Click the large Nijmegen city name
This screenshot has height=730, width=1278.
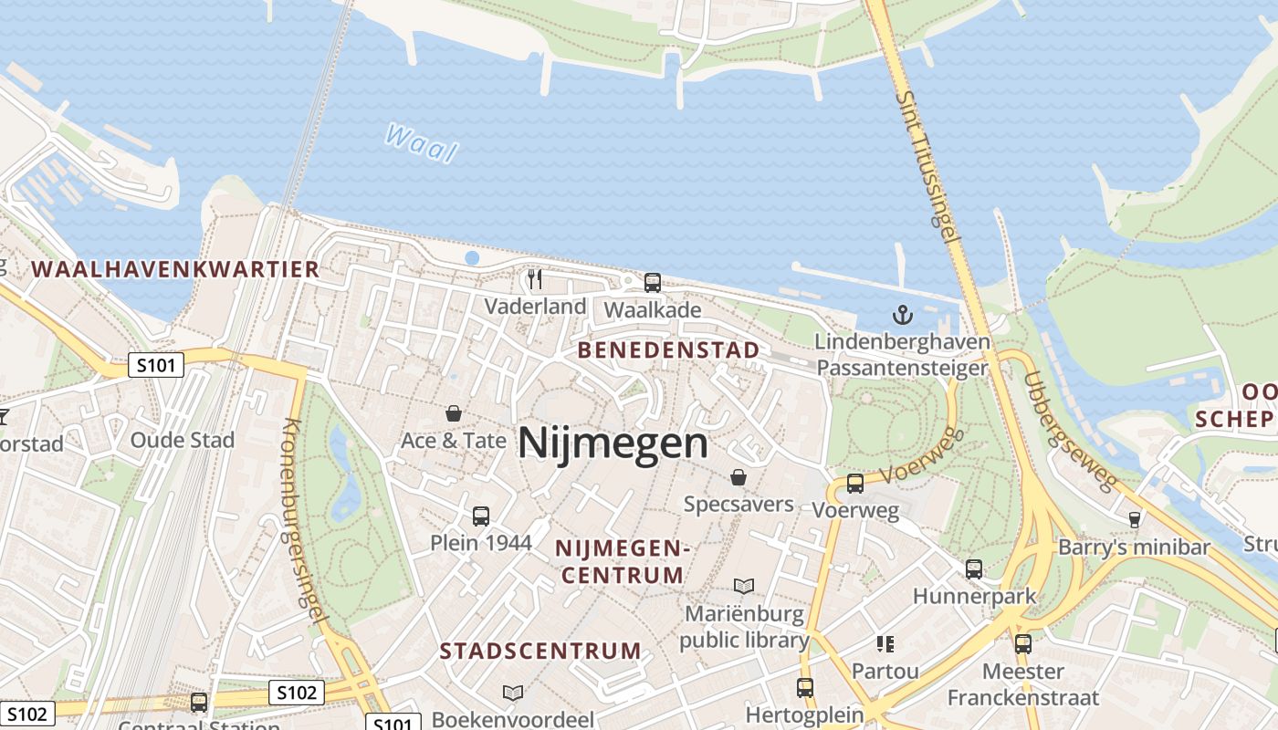tap(613, 444)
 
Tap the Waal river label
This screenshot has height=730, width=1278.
tap(420, 143)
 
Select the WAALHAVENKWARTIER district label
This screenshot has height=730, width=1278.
tap(175, 269)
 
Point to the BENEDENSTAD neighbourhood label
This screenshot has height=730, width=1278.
tap(668, 350)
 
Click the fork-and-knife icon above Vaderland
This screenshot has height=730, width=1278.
tap(535, 278)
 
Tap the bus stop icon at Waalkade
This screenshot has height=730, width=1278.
tap(652, 282)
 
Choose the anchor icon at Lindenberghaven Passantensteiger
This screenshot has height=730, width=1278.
tap(902, 316)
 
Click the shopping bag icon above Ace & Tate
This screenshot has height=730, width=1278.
tap(453, 413)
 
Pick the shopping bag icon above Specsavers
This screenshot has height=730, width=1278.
tap(738, 477)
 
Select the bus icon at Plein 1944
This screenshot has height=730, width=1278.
tap(481, 516)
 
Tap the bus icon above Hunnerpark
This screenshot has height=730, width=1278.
tap(974, 569)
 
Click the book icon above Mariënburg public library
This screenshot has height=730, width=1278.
tap(744, 586)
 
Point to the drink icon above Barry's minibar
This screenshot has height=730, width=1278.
tap(1134, 519)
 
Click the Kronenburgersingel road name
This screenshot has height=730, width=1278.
tap(305, 520)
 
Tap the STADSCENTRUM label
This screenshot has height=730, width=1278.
tap(540, 651)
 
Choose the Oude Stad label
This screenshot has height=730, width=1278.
tap(183, 440)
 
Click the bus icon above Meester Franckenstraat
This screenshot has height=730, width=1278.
tap(1022, 643)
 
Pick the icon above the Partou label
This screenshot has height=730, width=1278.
tap(885, 644)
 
